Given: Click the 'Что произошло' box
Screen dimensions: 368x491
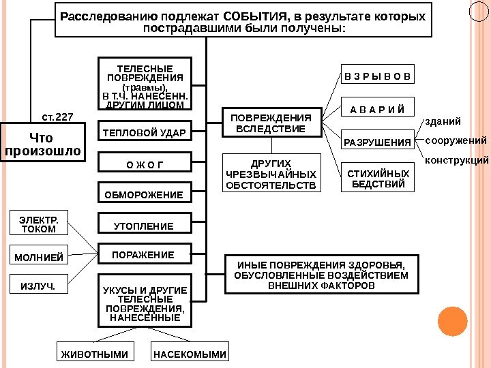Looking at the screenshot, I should (43, 143).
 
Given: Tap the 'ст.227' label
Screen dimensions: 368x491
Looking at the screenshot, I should (57, 117).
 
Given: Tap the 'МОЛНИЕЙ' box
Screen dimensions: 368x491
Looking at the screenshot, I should (39, 258).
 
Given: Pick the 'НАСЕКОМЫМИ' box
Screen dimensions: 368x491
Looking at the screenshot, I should (190, 354).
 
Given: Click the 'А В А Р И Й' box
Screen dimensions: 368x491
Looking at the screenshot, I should (377, 109).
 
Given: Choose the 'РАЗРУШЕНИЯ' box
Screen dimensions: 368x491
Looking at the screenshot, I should (377, 142).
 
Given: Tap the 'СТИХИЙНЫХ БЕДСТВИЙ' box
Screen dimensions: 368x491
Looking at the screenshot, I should (377, 179).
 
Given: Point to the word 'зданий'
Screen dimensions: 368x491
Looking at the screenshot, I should (443, 122).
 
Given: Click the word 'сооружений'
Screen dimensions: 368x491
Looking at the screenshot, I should (456, 140).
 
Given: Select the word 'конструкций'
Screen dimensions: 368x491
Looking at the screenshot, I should (456, 161).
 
